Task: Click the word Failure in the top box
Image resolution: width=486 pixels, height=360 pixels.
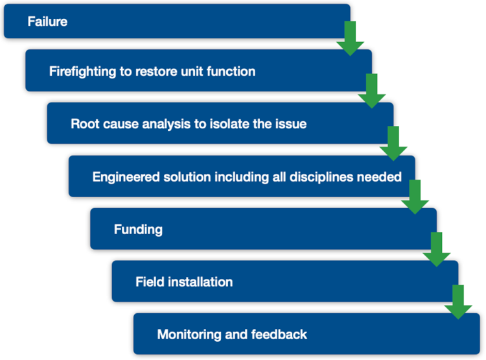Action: click(47, 21)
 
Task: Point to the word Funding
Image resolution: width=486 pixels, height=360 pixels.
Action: click(138, 230)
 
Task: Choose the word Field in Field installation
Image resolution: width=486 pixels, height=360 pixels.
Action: click(149, 282)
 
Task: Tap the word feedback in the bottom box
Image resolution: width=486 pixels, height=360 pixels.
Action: click(280, 335)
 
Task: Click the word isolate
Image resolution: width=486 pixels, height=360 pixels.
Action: click(232, 124)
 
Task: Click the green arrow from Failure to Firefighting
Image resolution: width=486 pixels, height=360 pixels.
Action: click(350, 38)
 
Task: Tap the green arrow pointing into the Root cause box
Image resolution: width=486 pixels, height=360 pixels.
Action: click(371, 90)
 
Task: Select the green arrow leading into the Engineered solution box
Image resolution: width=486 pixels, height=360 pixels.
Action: click(393, 143)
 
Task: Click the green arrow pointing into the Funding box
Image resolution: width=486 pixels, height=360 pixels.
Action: click(415, 197)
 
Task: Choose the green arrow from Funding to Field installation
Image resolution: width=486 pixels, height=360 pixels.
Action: click(436, 249)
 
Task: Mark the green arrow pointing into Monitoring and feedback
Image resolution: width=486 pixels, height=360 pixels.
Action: click(458, 302)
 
